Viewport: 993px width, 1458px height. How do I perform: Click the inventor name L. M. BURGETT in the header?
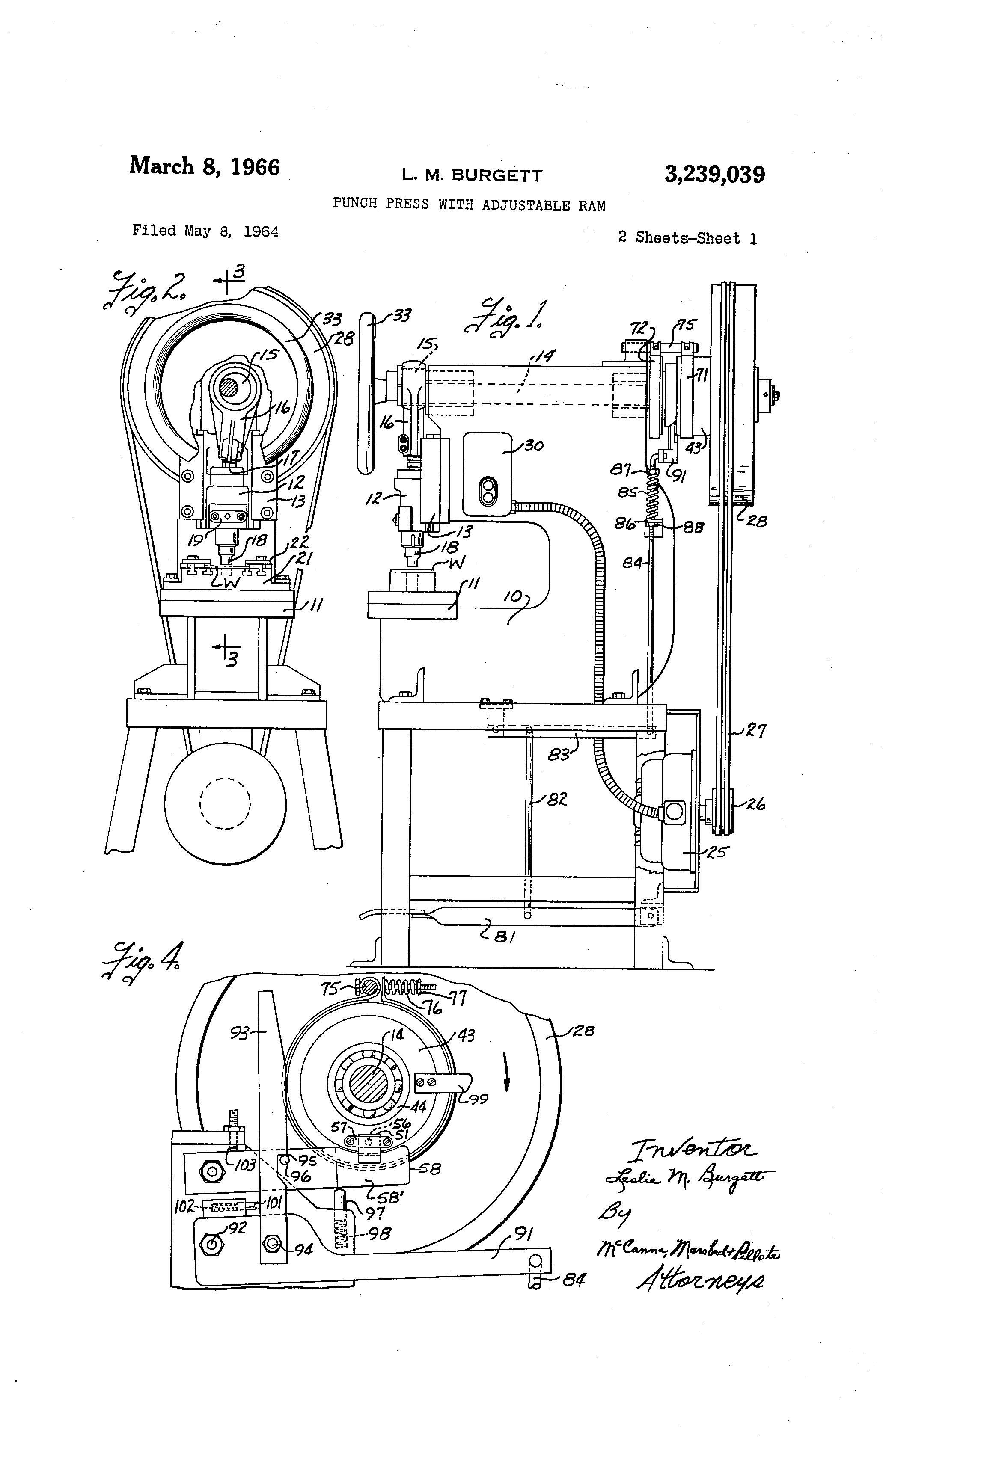472,176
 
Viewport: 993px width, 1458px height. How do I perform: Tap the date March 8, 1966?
205,167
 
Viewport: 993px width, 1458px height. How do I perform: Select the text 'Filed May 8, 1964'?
205,231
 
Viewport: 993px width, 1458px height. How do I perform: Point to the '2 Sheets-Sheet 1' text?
687,238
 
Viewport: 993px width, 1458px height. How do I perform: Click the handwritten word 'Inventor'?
693,1149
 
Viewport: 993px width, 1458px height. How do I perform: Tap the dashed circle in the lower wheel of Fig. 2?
225,803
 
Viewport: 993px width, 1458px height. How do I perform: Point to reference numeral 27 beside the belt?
755,731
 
